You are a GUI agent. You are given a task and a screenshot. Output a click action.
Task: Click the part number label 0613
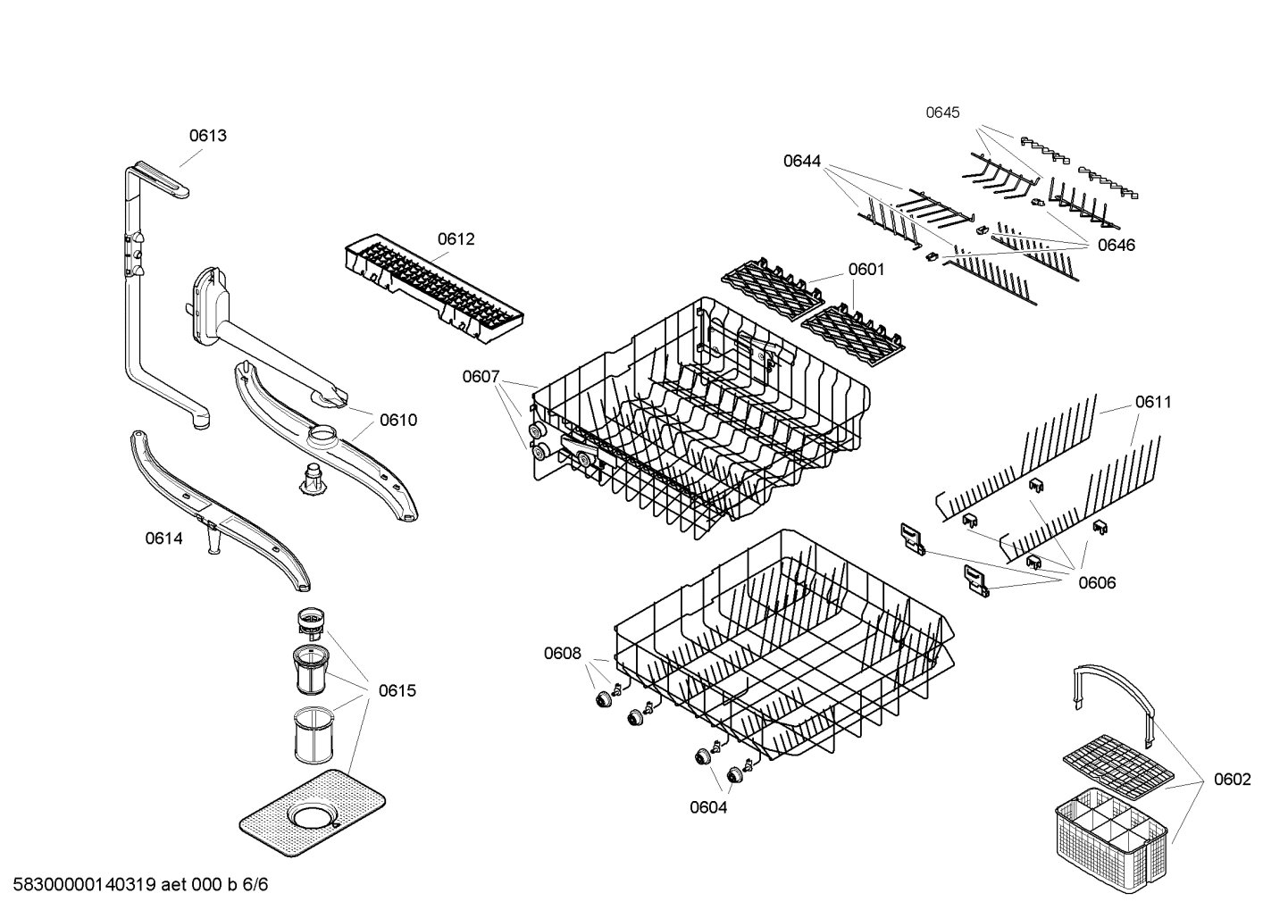pyautogui.click(x=207, y=136)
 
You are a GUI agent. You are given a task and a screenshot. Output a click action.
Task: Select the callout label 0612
pyautogui.click(x=456, y=239)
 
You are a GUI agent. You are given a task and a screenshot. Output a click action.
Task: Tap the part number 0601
pyautogui.click(x=866, y=269)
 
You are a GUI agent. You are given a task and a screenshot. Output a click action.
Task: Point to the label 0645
pyautogui.click(x=942, y=113)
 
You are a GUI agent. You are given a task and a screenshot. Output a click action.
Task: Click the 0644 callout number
pyautogui.click(x=802, y=161)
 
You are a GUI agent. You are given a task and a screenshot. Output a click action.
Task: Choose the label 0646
pyautogui.click(x=1116, y=246)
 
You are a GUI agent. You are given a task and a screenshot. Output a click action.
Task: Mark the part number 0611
pyautogui.click(x=1153, y=402)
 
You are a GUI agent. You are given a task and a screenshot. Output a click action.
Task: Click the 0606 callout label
pyautogui.click(x=1097, y=583)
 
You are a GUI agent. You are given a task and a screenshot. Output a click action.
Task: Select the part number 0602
pyautogui.click(x=1232, y=780)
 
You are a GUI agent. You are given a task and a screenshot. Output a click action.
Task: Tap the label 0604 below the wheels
pyautogui.click(x=707, y=808)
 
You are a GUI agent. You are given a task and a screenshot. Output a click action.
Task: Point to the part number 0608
pyautogui.click(x=562, y=654)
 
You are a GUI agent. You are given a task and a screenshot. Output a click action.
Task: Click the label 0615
pyautogui.click(x=397, y=690)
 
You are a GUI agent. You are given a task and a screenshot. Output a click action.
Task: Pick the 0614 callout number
pyautogui.click(x=163, y=538)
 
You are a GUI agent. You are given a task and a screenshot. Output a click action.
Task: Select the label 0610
pyautogui.click(x=397, y=421)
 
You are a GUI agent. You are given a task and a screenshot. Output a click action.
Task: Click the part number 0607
pyautogui.click(x=481, y=377)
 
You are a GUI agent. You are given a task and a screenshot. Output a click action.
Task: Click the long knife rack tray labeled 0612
pyautogui.click(x=433, y=290)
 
